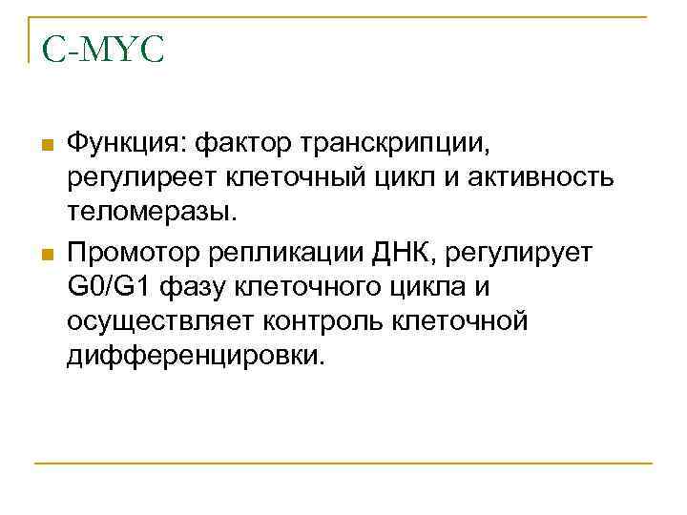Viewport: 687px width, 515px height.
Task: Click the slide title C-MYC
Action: click(103, 50)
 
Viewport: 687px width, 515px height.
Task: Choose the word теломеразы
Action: click(150, 211)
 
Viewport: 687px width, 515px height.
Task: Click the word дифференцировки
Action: click(196, 357)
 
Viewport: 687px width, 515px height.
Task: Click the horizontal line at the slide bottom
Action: click(343, 463)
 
